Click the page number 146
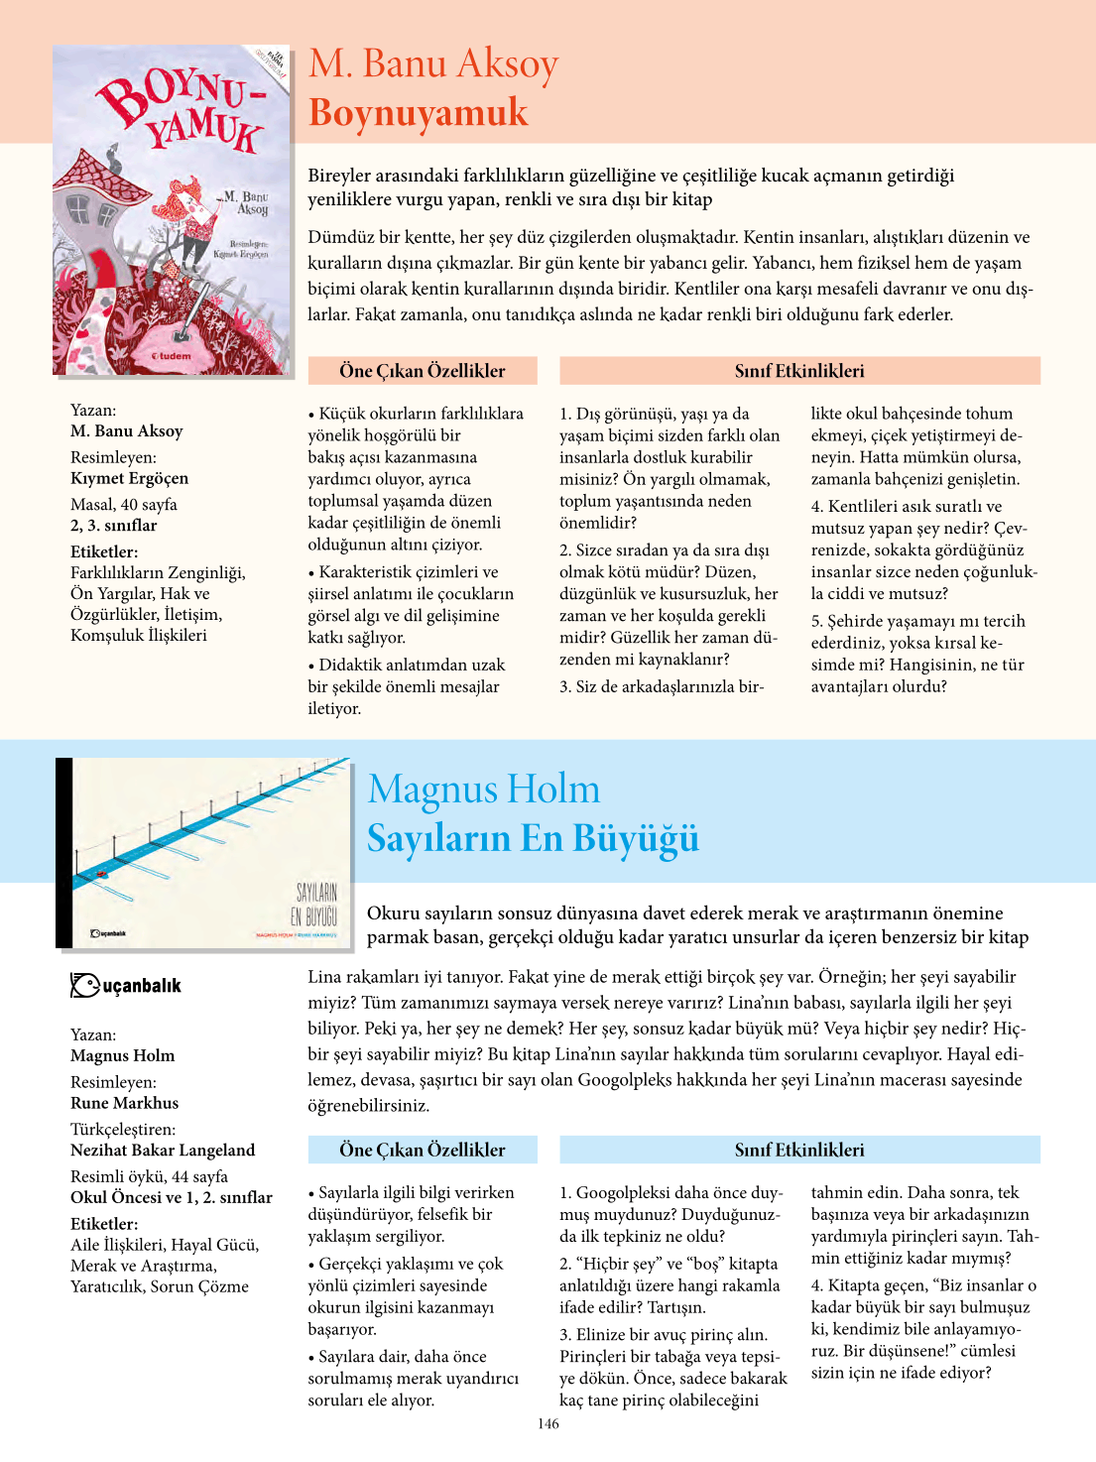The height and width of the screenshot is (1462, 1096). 548,1424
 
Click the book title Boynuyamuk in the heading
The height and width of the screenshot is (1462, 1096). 418,112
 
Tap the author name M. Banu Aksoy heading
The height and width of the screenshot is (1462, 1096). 433,63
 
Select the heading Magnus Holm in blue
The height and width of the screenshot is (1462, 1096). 483,790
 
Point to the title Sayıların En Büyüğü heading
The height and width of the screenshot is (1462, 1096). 533,838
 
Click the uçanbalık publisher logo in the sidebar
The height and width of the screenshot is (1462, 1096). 126,985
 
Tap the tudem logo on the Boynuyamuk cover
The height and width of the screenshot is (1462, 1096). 171,355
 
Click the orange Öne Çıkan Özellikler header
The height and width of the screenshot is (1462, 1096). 423,371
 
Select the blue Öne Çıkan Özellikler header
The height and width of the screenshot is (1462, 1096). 423,1150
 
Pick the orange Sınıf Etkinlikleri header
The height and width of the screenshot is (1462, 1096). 799,371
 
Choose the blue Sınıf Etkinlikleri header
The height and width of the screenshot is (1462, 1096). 799,1150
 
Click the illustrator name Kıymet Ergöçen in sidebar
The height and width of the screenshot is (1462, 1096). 129,478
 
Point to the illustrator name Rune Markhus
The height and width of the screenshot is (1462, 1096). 125,1103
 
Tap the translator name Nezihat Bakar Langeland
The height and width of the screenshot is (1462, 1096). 163,1151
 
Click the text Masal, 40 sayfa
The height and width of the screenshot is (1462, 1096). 124,505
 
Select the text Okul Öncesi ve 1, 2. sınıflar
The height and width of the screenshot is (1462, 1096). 172,1197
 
